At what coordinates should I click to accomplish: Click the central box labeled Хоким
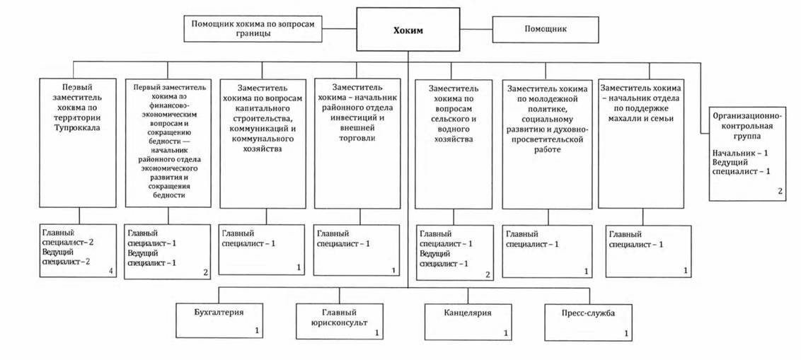[408, 30]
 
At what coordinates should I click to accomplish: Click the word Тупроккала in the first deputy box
[79, 128]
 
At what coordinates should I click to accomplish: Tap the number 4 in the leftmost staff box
[111, 271]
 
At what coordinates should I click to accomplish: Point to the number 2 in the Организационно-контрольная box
[780, 191]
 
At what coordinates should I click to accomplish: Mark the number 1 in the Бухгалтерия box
[257, 330]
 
